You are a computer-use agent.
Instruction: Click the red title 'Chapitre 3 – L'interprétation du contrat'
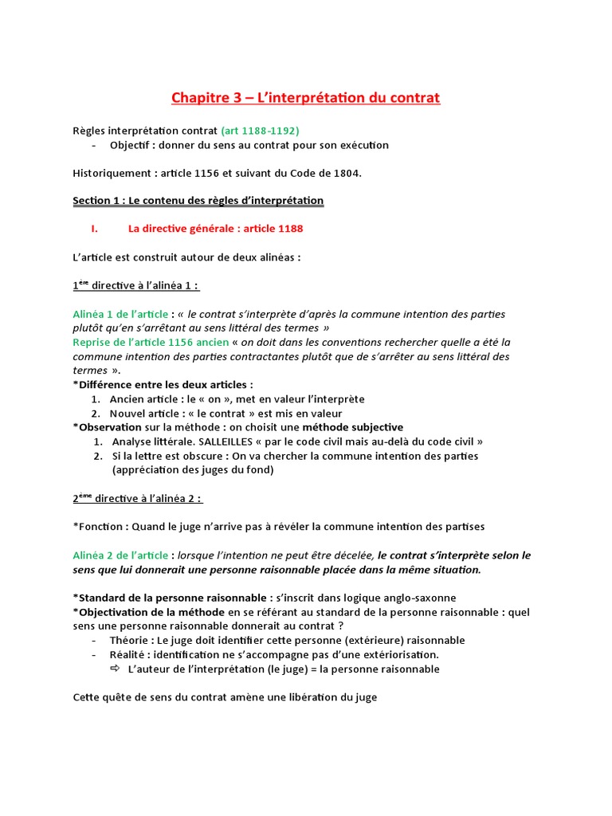[x=305, y=98]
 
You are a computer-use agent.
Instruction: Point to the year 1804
[x=346, y=174]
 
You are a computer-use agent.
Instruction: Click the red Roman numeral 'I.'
[x=94, y=229]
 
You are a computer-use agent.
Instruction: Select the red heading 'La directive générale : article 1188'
[x=215, y=229]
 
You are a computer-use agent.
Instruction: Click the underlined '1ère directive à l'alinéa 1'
[x=135, y=285]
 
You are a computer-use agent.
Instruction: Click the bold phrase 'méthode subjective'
[x=357, y=427]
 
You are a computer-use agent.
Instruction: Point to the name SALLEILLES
[x=222, y=441]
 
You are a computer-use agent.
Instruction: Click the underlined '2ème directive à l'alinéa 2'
[x=137, y=499]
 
